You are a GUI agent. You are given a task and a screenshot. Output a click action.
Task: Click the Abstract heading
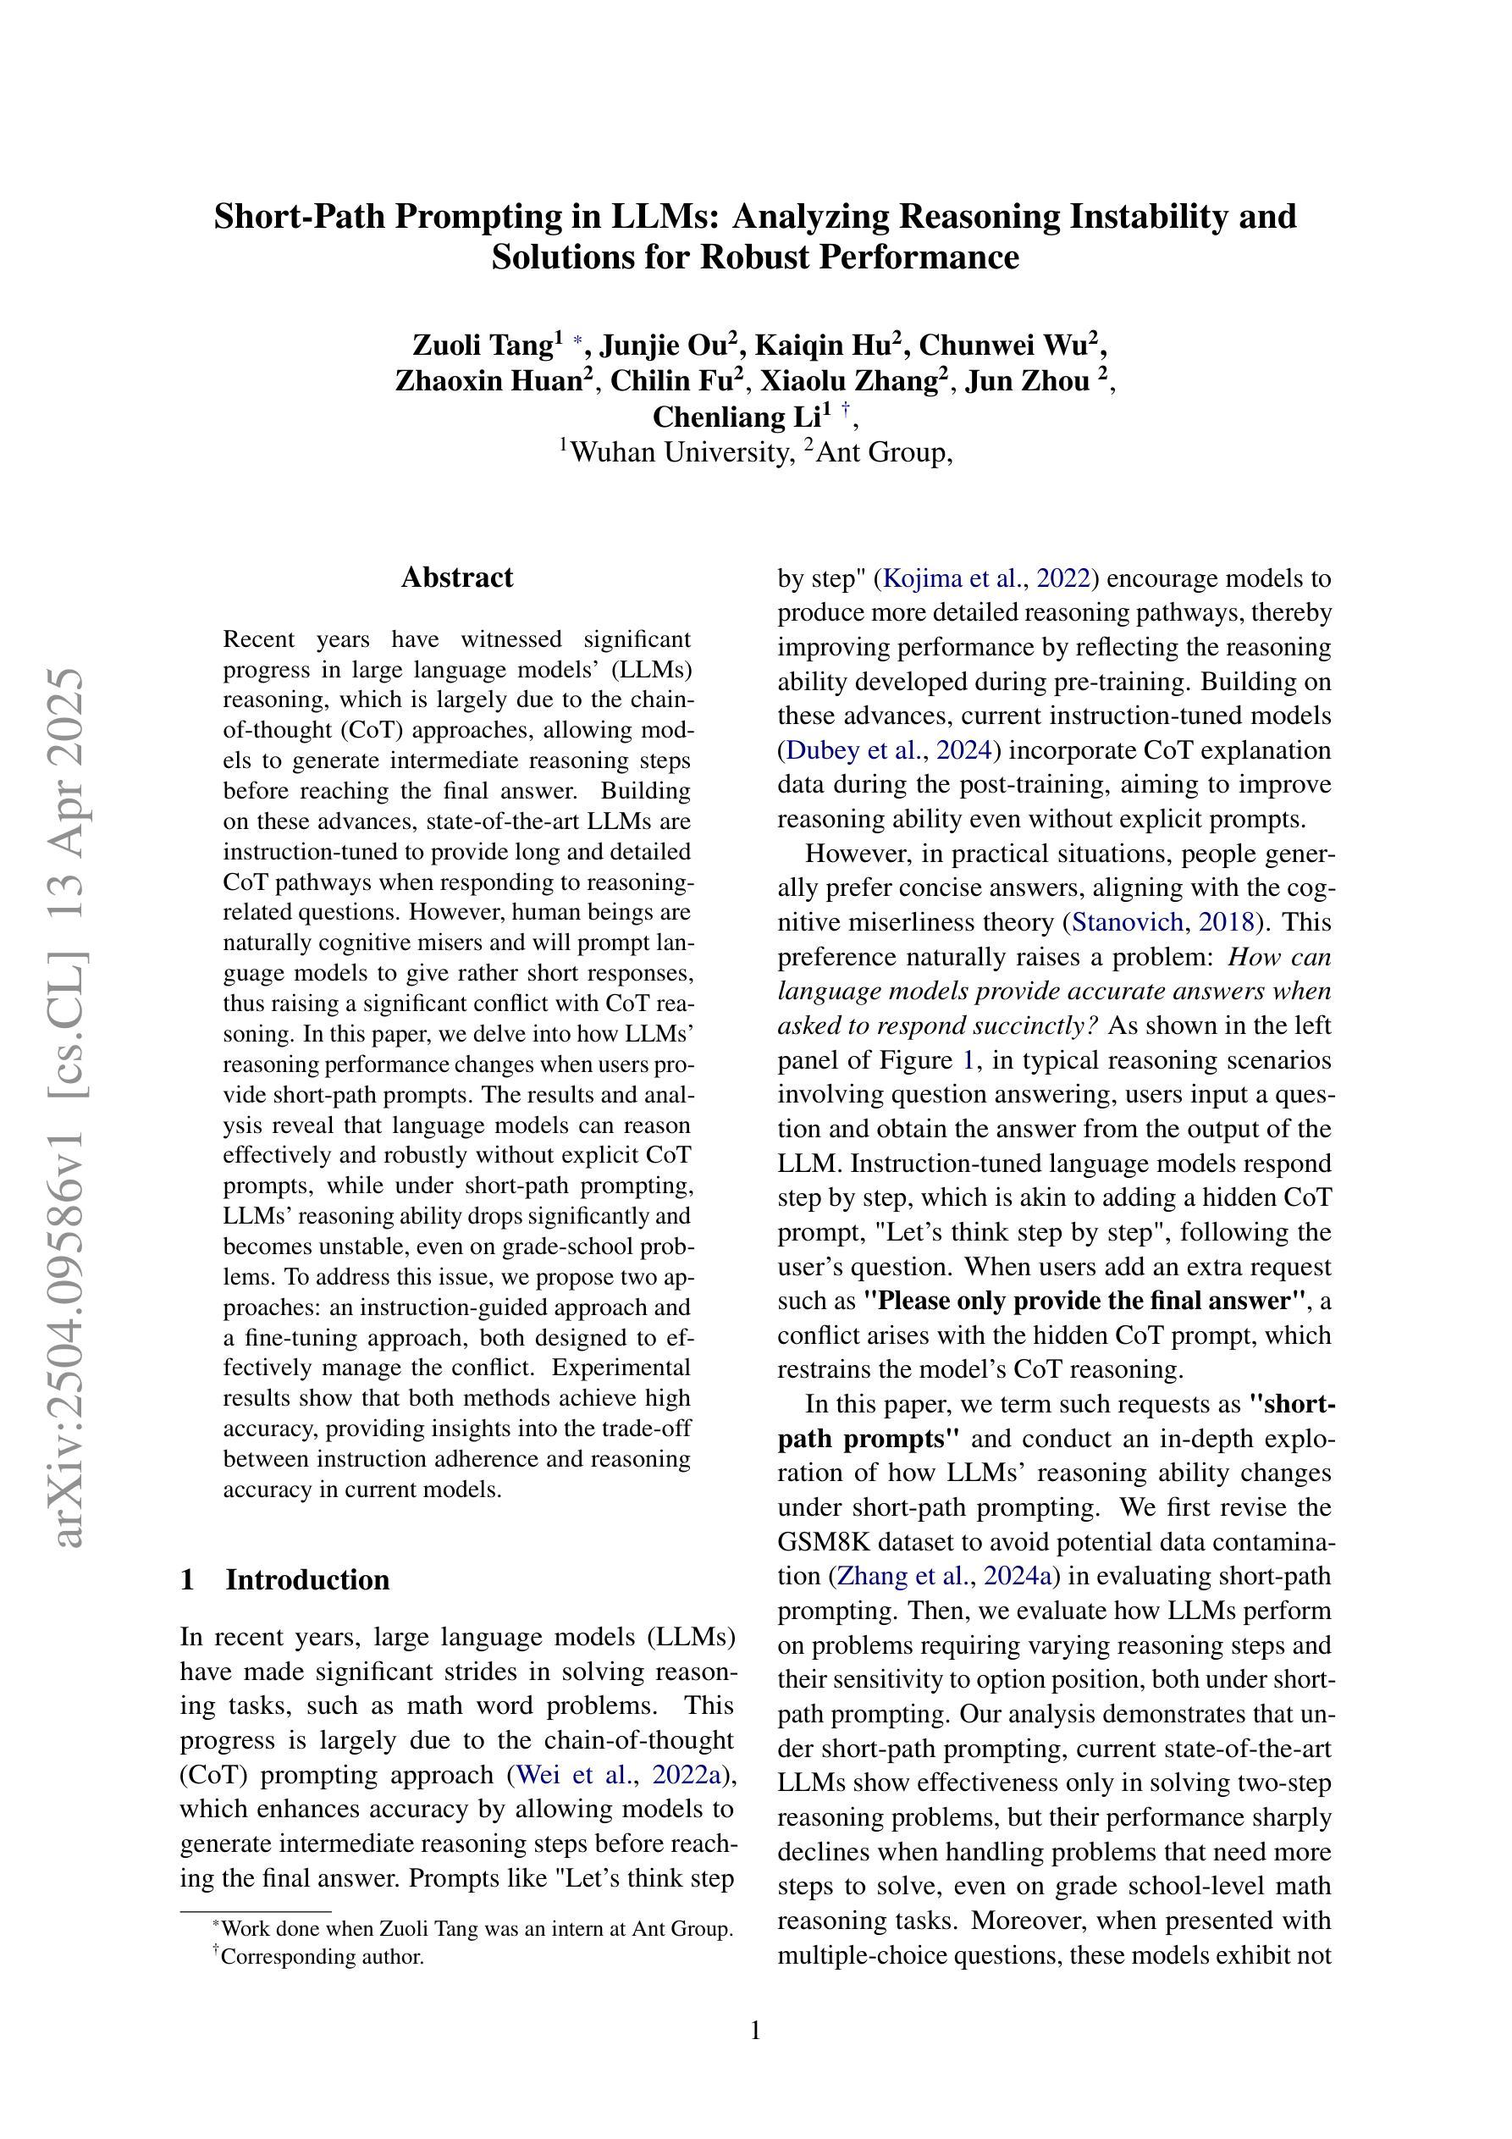tap(456, 578)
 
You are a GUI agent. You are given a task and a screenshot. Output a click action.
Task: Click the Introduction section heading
tap(306, 1580)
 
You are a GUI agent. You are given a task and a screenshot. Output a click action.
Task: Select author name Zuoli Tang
tap(483, 345)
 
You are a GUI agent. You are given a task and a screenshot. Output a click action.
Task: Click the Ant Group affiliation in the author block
tap(880, 453)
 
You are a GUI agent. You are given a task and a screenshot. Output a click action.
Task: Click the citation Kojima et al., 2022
tap(985, 578)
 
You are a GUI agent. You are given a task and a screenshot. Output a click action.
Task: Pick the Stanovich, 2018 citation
tap(1162, 922)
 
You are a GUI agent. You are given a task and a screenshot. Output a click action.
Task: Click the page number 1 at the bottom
tap(755, 2030)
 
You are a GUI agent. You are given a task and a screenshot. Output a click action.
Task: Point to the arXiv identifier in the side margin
tap(67, 1108)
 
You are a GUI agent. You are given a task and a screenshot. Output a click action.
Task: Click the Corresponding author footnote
tap(322, 1956)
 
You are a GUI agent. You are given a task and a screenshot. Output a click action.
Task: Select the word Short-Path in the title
tap(301, 217)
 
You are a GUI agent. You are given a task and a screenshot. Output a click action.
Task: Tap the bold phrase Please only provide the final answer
tap(1085, 1301)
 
